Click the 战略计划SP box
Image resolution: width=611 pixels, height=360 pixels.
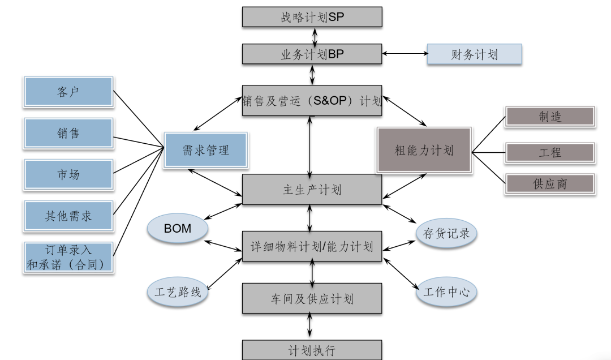tap(312, 17)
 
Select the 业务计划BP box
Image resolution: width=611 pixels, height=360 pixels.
tap(312, 54)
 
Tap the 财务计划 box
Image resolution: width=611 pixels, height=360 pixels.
tap(474, 54)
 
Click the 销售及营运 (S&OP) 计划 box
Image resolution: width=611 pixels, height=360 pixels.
tap(312, 101)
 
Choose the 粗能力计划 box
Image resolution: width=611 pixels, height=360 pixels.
tap(424, 150)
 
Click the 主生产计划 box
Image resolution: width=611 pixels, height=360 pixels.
tap(312, 190)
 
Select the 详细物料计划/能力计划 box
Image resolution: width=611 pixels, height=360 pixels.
tap(312, 246)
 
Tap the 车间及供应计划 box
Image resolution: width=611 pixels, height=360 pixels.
tap(312, 298)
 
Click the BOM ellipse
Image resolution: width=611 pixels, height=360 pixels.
tap(178, 229)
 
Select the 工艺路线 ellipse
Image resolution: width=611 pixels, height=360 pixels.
tap(178, 293)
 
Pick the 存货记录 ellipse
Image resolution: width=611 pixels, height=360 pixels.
tap(446, 233)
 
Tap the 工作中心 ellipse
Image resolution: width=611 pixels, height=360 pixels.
tap(446, 293)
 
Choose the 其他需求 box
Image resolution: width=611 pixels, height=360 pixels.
tap(68, 216)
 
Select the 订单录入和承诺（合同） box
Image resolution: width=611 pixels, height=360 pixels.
tap(68, 257)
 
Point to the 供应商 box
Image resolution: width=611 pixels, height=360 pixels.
tap(550, 184)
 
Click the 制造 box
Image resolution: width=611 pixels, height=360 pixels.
tap(550, 117)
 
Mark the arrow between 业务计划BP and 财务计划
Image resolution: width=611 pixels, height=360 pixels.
tap(405, 54)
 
